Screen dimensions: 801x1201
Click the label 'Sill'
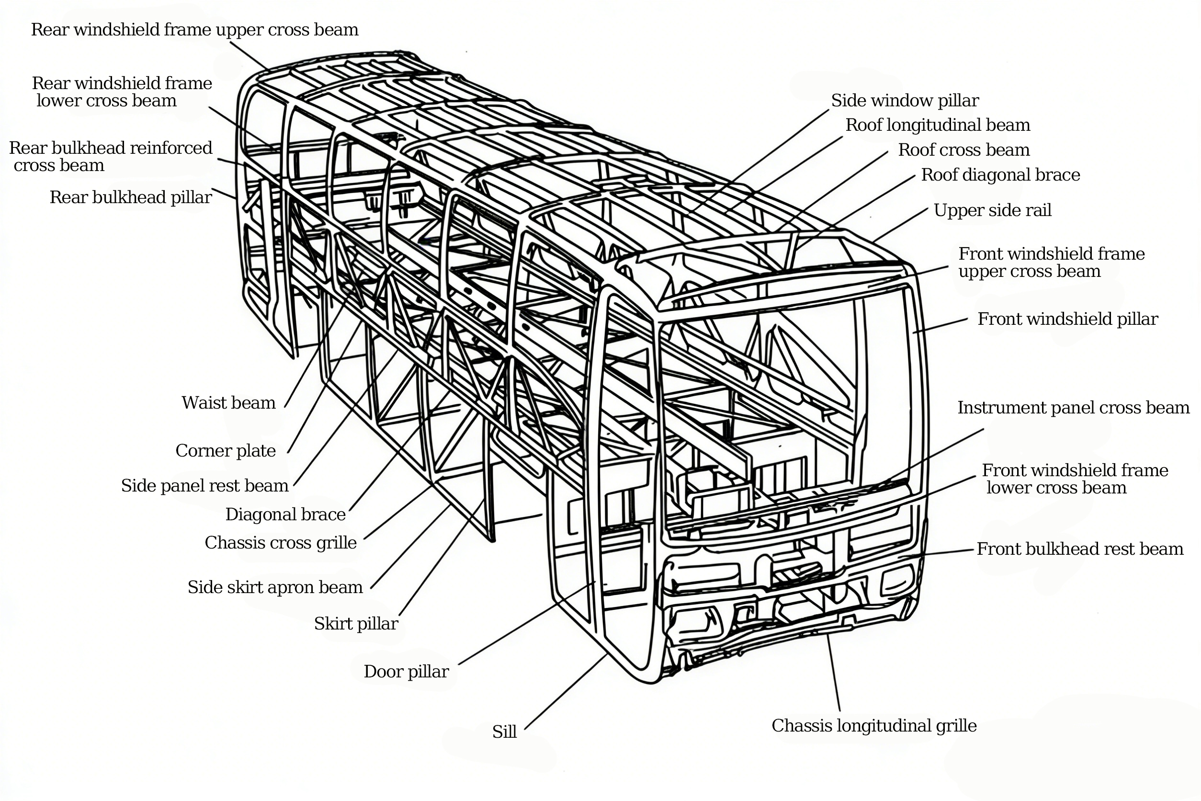504,732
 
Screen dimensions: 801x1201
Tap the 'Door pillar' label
406,671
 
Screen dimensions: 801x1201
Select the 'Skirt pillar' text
356,624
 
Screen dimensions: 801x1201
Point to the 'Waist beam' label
228,403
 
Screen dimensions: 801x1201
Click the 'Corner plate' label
225,450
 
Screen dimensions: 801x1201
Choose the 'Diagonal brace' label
285,515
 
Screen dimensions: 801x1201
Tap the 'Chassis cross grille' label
280,542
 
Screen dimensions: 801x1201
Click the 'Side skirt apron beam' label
275,587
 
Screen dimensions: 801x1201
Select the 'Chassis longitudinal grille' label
873,726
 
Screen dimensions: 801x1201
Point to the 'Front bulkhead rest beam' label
1079,549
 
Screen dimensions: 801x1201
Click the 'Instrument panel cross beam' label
1073,408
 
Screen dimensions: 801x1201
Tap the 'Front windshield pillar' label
1067,319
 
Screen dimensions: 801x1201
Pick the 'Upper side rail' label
992,210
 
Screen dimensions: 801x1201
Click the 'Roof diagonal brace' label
1000,175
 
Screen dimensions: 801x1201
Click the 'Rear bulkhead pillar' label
130,197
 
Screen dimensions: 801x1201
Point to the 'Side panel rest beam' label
204,486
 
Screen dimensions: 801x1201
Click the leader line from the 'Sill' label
565,692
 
